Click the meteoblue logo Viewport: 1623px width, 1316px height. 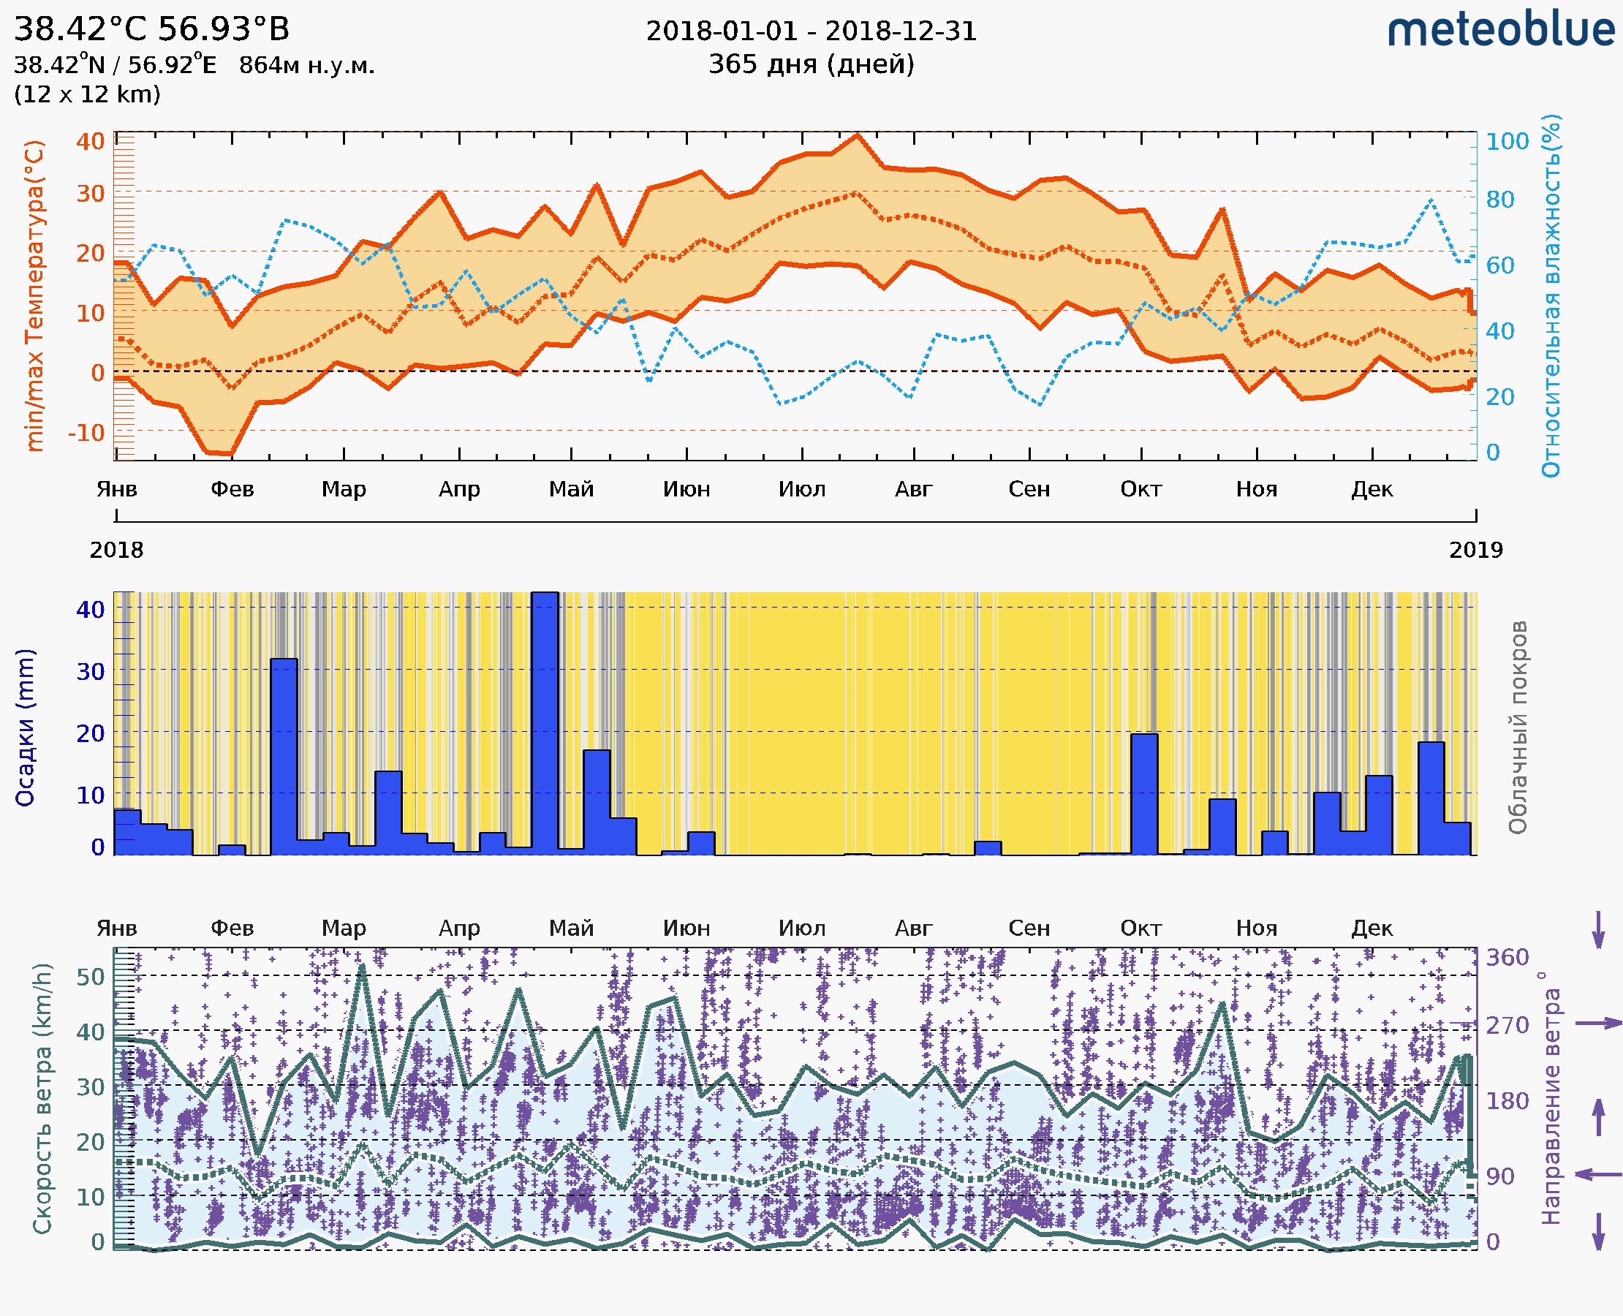click(1501, 30)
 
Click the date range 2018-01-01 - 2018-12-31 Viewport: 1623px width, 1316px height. click(811, 31)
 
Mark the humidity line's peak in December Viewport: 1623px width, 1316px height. click(1431, 200)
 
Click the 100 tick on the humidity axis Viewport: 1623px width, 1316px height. click(1506, 142)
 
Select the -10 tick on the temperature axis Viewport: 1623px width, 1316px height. click(86, 433)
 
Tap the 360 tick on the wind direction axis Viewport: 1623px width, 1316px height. click(1507, 958)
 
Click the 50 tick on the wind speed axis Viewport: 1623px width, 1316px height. click(90, 976)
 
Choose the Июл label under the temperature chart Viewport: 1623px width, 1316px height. click(802, 489)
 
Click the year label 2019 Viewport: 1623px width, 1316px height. click(1475, 551)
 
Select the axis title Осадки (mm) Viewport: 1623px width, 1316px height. click(25, 727)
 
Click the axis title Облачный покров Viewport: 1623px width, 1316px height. click(1518, 727)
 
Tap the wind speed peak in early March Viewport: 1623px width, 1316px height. click(362, 967)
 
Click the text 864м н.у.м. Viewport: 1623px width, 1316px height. click(306, 65)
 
